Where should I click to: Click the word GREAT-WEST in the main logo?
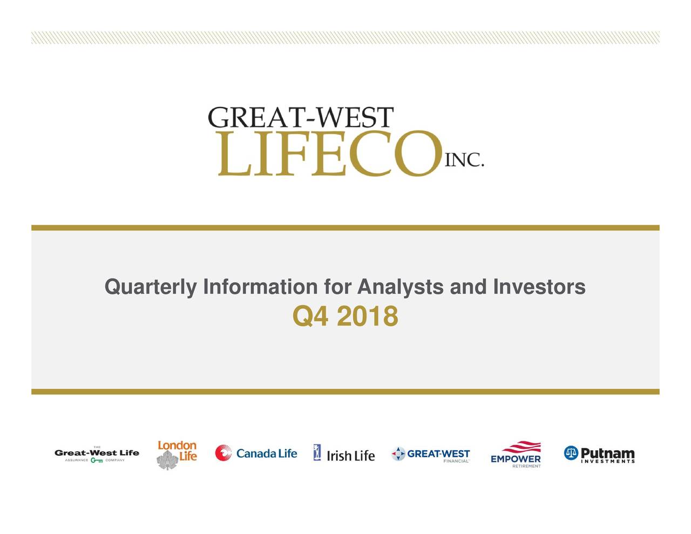[301, 118]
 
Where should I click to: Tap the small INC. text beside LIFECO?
[464, 160]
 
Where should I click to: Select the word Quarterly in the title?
[150, 287]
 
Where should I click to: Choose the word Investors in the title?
[538, 287]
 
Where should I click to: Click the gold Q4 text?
[310, 316]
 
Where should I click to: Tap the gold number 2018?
[367, 316]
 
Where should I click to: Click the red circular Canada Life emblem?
[223, 454]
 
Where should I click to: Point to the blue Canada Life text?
[267, 454]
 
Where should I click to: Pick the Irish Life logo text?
[350, 456]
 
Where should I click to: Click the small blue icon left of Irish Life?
[317, 452]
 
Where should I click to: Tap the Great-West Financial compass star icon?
[398, 454]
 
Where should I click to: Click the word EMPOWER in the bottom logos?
[516, 459]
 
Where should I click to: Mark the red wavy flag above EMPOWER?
[521, 447]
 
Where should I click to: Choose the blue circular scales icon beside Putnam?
[571, 454]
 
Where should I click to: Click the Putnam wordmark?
[607, 453]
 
